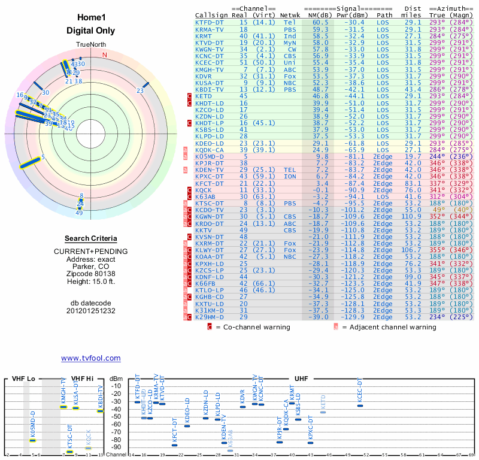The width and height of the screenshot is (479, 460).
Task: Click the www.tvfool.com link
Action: [x=91, y=358]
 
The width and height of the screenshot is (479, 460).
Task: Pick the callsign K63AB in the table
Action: [x=207, y=196]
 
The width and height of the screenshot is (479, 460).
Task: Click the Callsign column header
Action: [x=210, y=14]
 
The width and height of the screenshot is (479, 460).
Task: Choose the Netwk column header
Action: [x=290, y=14]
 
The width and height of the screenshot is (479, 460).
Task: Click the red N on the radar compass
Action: [x=105, y=55]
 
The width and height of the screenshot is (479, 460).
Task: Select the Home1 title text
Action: [x=91, y=18]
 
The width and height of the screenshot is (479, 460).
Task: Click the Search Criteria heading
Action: [x=91, y=238]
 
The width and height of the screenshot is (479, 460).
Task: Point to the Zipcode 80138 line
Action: [x=91, y=273]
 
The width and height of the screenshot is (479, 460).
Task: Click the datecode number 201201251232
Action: [x=91, y=311]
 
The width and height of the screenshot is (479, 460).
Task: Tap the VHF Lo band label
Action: [x=23, y=379]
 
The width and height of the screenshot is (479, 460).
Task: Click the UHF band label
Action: [x=301, y=379]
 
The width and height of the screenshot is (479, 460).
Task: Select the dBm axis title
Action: [x=116, y=379]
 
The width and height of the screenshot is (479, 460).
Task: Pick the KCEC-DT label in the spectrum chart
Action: [x=360, y=391]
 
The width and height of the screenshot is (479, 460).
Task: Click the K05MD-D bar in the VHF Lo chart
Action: [x=33, y=440]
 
